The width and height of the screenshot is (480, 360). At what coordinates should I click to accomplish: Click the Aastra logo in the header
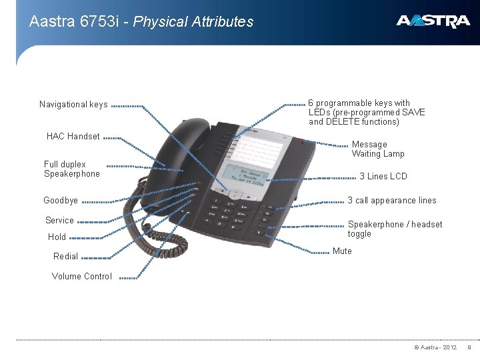[433, 21]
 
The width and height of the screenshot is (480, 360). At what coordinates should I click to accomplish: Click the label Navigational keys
[73, 105]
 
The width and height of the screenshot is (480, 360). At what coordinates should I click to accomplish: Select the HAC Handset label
[73, 137]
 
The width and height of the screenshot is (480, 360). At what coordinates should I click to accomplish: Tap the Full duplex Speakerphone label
[71, 169]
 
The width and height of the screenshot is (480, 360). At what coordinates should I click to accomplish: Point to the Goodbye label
[61, 201]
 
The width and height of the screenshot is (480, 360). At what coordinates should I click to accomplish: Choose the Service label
[59, 221]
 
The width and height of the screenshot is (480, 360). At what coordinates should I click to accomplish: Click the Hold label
[57, 237]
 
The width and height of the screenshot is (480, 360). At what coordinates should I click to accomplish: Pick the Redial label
[65, 257]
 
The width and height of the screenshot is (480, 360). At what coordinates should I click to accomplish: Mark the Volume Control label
[82, 277]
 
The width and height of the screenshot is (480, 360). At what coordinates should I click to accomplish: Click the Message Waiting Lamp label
[378, 149]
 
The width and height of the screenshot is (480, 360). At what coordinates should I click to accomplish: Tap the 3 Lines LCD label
[383, 177]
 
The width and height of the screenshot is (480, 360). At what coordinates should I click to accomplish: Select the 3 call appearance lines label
[392, 201]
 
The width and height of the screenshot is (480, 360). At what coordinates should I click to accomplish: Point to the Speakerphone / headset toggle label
[395, 229]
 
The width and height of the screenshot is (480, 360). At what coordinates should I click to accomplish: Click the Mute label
[342, 251]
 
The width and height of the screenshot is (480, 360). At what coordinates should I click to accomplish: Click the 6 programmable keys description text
[367, 113]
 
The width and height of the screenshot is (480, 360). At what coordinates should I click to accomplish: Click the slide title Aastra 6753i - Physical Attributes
[141, 21]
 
